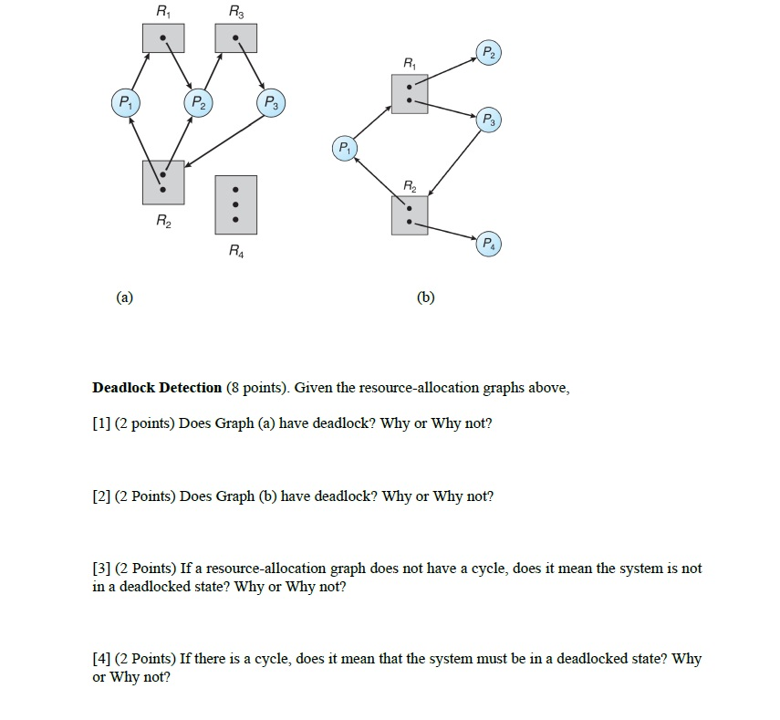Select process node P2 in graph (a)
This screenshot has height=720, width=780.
click(198, 101)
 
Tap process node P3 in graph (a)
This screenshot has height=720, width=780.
click(271, 101)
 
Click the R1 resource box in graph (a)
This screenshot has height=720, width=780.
click(162, 38)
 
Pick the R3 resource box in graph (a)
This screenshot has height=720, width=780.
click(236, 38)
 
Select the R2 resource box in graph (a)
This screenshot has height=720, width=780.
click(162, 182)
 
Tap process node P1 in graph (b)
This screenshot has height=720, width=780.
click(344, 148)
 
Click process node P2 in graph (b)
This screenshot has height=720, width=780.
click(488, 52)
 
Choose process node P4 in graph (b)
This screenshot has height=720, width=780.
click(488, 244)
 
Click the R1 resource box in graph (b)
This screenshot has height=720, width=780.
click(410, 94)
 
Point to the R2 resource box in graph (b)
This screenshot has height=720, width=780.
click(410, 216)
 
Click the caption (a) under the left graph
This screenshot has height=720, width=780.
click(125, 297)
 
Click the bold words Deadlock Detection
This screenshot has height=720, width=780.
click(157, 388)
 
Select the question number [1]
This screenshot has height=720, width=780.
click(100, 424)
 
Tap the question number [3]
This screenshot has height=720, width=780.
click(100, 569)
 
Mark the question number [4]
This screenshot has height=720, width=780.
click(100, 659)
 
